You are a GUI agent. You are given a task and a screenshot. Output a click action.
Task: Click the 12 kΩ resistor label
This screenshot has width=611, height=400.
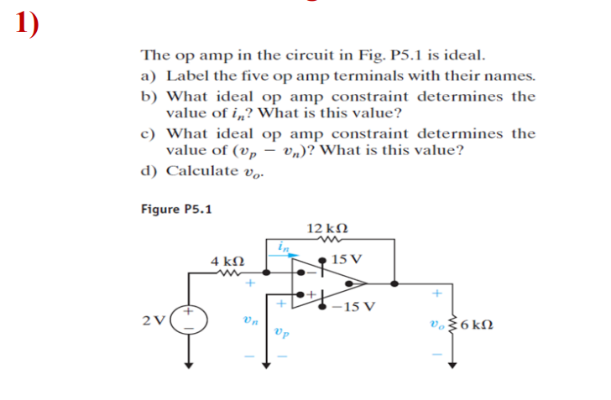tap(327, 229)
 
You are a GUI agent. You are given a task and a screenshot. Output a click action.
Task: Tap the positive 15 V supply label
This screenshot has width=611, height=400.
tap(346, 258)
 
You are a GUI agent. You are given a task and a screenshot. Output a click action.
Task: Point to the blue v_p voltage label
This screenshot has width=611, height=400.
tap(280, 333)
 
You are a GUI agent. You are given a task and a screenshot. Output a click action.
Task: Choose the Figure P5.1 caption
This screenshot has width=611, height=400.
tap(175, 208)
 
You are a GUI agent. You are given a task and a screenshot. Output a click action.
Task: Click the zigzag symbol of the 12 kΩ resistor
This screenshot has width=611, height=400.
tap(327, 240)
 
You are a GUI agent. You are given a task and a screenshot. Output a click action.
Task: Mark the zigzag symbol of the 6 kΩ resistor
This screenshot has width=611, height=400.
tap(454, 325)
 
